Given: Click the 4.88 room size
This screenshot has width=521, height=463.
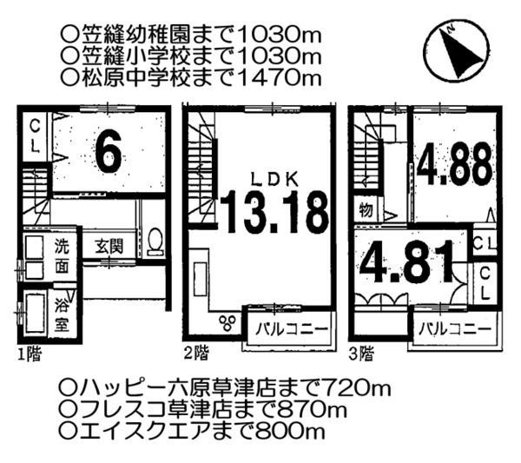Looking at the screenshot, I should click(x=453, y=165).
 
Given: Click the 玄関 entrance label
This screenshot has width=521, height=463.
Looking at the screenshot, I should click(x=109, y=246).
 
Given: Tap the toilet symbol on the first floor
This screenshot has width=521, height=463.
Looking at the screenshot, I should click(x=155, y=240).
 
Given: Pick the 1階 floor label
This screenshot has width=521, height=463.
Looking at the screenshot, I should click(x=28, y=354).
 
